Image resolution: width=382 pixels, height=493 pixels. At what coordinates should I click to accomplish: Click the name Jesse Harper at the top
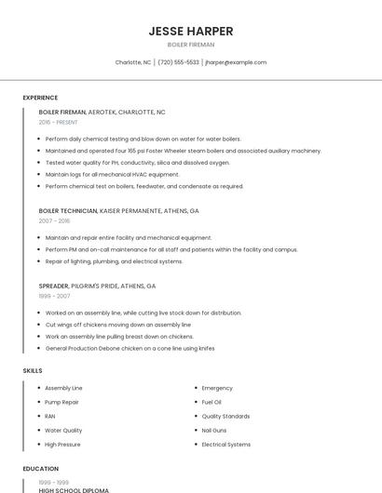click(x=190, y=31)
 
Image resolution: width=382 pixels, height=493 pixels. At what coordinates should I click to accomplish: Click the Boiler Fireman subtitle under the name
click(x=190, y=45)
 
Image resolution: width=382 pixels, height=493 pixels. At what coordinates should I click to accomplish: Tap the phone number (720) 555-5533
click(x=178, y=62)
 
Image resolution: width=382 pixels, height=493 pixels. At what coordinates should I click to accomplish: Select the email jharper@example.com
click(x=236, y=62)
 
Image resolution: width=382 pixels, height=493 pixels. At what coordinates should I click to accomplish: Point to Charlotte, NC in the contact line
click(x=133, y=62)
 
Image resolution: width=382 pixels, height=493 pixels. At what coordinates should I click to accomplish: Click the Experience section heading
click(x=40, y=98)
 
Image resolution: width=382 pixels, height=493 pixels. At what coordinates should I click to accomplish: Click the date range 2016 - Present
click(x=58, y=122)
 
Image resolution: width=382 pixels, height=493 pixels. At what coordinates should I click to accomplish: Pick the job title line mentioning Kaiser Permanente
click(x=118, y=211)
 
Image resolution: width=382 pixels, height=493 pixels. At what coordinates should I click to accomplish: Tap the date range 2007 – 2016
click(x=54, y=221)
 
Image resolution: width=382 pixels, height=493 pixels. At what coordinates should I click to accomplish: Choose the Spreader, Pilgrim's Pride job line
click(x=97, y=286)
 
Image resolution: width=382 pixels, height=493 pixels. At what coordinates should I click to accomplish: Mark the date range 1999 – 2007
click(x=54, y=297)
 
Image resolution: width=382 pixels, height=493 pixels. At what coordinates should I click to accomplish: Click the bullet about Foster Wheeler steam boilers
click(x=183, y=150)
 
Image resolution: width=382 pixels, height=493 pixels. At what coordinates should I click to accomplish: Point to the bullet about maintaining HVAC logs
click(x=112, y=174)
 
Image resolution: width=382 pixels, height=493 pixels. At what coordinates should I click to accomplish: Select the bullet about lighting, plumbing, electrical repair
click(x=114, y=261)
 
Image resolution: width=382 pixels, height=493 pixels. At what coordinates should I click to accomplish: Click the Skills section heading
click(x=33, y=371)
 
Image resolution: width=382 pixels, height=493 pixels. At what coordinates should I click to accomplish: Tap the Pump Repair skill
click(x=61, y=402)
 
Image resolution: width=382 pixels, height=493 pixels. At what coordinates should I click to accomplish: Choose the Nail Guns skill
click(x=216, y=431)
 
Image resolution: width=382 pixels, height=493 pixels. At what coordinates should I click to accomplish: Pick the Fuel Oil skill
click(x=212, y=402)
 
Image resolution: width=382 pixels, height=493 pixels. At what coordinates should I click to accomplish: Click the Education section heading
click(x=40, y=469)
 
